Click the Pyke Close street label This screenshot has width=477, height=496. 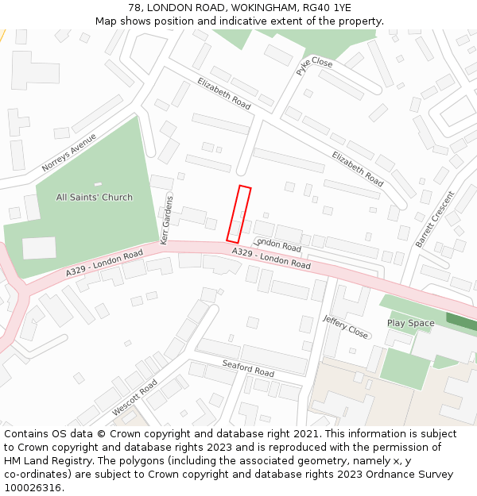tap(314, 66)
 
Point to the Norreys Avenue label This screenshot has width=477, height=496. tap(68, 152)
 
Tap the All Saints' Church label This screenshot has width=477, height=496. tap(95, 197)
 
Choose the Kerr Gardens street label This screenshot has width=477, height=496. tap(167, 219)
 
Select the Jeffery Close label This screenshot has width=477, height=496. tap(346, 325)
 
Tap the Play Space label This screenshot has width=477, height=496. tap(410, 323)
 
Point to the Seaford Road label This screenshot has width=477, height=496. tap(248, 368)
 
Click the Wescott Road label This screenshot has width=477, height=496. tap(134, 396)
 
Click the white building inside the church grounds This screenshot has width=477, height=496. tap(39, 248)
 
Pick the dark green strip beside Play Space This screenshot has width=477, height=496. tap(462, 322)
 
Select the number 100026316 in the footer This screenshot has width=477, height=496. tap(32, 488)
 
